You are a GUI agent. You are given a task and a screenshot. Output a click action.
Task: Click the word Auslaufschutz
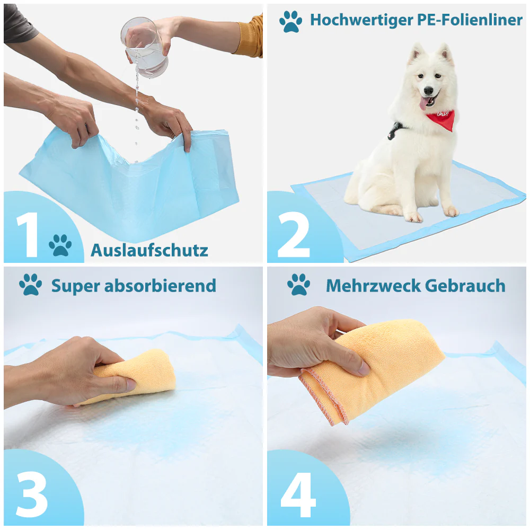click(149, 250)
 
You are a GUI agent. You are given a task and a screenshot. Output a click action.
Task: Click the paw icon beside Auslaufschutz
click(60, 245)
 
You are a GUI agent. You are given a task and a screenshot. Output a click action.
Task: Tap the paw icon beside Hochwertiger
click(290, 22)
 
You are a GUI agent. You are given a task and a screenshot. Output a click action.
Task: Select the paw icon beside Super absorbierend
click(30, 285)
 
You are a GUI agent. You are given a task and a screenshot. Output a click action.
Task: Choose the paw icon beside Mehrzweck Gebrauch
click(299, 285)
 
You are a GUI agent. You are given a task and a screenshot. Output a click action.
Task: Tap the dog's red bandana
click(441, 119)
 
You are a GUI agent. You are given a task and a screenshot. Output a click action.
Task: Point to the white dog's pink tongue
click(425, 103)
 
